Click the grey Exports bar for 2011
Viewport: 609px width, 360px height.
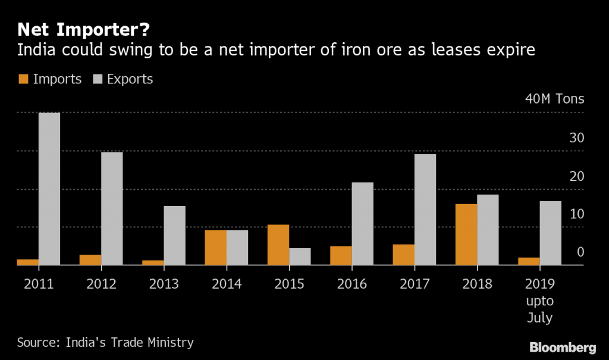click(x=49, y=189)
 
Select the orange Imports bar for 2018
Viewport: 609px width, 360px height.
click(x=466, y=234)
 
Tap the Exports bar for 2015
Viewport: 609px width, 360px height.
click(x=300, y=256)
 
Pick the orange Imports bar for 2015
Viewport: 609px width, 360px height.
click(x=278, y=245)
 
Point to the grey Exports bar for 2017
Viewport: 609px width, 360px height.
click(x=425, y=209)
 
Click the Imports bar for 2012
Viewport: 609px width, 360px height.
click(x=90, y=260)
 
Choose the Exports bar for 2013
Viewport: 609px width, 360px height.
click(x=174, y=235)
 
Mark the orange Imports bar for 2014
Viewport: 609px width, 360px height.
click(x=215, y=248)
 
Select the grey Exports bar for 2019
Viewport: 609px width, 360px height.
click(x=550, y=233)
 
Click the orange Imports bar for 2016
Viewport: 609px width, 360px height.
click(x=341, y=255)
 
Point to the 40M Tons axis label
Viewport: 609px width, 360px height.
click(x=554, y=99)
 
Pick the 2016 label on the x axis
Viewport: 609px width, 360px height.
click(x=352, y=283)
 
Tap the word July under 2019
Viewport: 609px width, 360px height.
click(x=539, y=318)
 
